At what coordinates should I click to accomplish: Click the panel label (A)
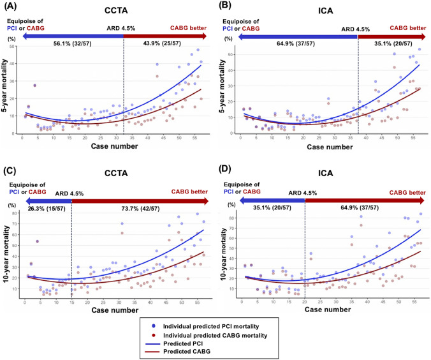point(11,7)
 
